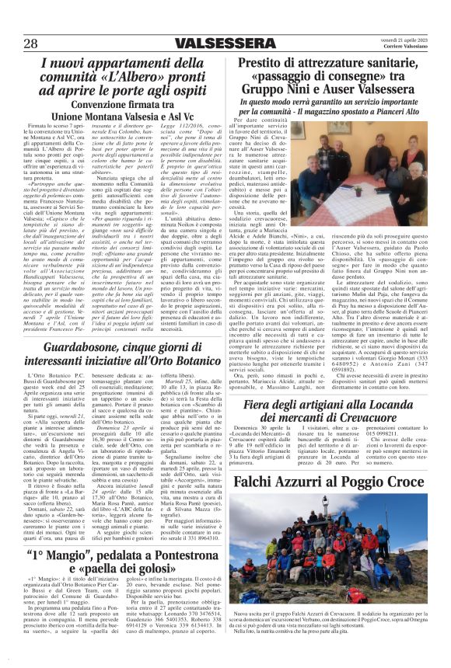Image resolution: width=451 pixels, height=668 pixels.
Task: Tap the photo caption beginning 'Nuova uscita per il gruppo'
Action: [341, 638]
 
